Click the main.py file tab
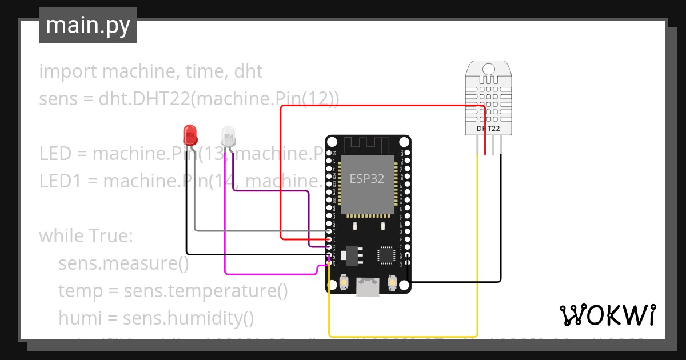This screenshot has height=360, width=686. click(87, 25)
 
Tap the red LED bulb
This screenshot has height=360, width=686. click(190, 135)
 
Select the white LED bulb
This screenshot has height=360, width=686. click(228, 136)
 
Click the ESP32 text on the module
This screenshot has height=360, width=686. click(367, 178)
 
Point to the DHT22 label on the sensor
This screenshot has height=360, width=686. click(488, 129)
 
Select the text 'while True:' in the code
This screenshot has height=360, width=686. click(86, 236)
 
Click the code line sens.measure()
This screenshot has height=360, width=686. click(123, 263)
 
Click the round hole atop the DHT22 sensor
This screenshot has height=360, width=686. click(489, 69)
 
